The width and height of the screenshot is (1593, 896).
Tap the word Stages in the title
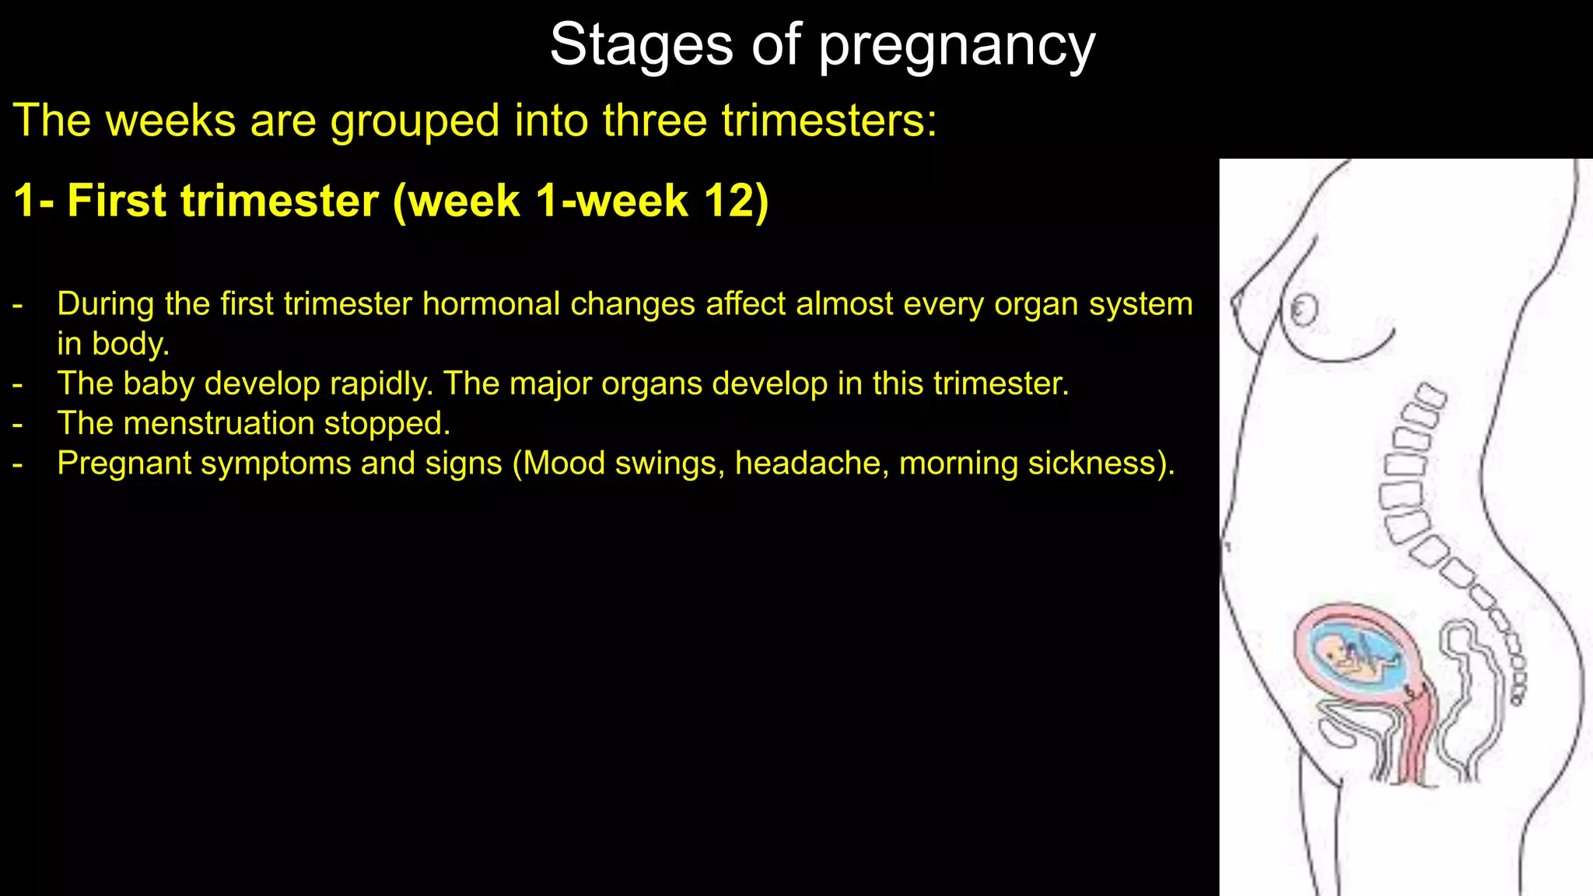pos(641,45)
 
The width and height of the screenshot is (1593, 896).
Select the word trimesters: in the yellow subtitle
pos(829,121)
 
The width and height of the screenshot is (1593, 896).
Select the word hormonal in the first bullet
pos(491,304)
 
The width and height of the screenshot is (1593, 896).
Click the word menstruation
pos(219,424)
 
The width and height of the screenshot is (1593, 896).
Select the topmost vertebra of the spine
pos(1430,396)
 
